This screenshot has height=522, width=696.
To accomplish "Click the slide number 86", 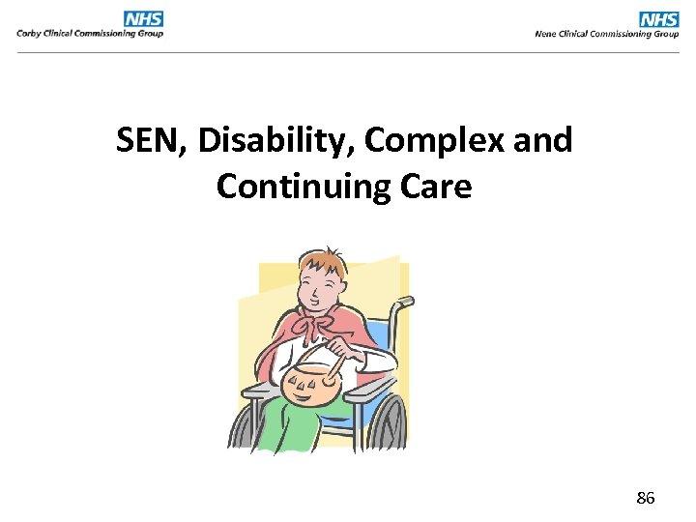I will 645,499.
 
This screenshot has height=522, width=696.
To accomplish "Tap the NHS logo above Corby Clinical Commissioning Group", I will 143,18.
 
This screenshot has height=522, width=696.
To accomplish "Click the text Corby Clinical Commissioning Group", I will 89,34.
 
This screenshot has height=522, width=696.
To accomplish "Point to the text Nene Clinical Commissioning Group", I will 607,34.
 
